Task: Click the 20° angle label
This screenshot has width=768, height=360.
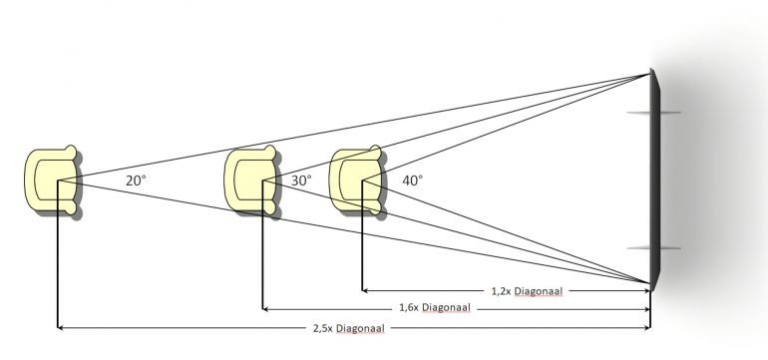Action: click(x=136, y=180)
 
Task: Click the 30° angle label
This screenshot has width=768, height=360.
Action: click(x=301, y=180)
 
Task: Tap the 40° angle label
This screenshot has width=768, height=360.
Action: click(x=412, y=180)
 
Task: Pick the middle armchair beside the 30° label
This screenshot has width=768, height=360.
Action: click(x=250, y=180)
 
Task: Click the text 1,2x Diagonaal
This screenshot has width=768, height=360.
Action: click(x=527, y=291)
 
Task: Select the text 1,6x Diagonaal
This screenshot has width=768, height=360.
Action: click(x=435, y=307)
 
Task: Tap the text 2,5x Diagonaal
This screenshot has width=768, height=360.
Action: click(x=349, y=328)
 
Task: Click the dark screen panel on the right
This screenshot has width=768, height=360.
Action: click(x=655, y=179)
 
